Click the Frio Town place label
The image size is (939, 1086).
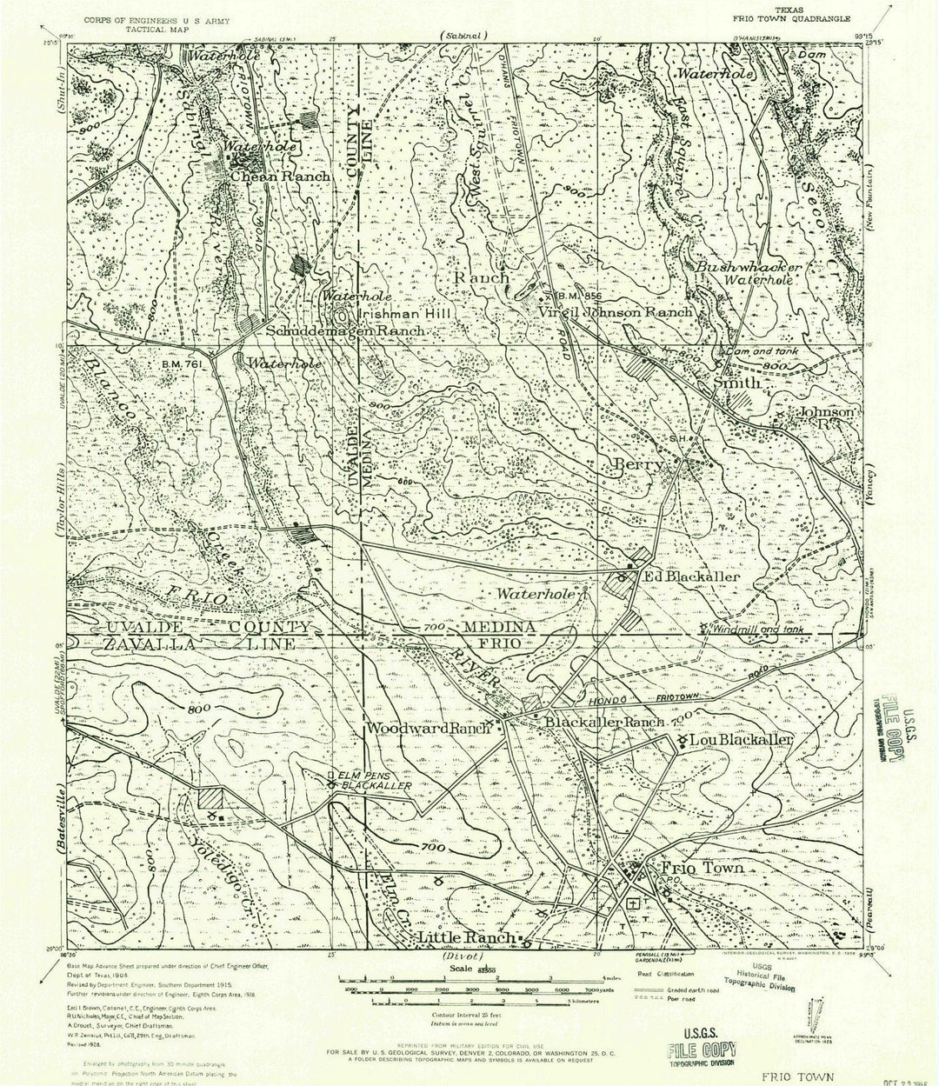pos(703,868)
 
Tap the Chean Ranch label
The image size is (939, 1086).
pos(280,177)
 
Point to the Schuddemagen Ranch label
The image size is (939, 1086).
pos(345,331)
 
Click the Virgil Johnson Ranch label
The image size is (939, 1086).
pos(615,311)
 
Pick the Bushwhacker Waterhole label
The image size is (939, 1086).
pos(748,274)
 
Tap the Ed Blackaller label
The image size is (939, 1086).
pos(690,576)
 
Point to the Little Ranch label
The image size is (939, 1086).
pos(465,938)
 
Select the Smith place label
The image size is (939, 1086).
pos(737,383)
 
